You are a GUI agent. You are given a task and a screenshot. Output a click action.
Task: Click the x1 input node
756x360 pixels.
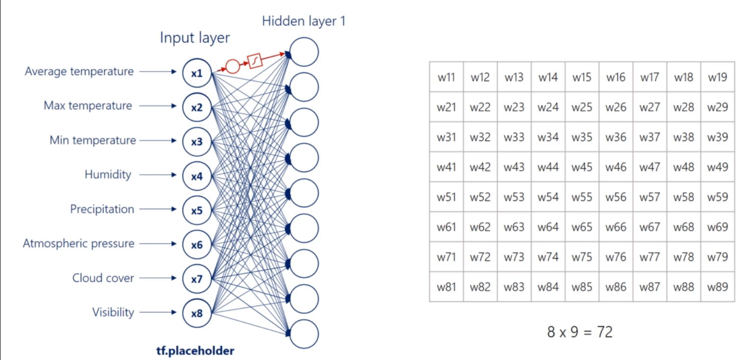(197, 73)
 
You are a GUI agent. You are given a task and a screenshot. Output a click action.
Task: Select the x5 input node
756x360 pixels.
(197, 211)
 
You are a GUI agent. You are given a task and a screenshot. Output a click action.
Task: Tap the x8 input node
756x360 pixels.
(197, 313)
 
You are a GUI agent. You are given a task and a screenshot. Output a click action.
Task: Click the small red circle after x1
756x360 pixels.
(232, 66)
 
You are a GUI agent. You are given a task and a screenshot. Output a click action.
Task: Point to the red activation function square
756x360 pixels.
(256, 61)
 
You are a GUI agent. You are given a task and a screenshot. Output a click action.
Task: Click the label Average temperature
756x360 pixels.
(79, 72)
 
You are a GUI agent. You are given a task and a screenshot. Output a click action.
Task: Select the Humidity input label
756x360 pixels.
(108, 175)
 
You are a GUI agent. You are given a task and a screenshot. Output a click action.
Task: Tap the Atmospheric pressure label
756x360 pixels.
(78, 243)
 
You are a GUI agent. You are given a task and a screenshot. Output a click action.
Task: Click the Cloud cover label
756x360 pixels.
(103, 278)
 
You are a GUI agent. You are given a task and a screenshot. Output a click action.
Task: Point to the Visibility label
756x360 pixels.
(113, 312)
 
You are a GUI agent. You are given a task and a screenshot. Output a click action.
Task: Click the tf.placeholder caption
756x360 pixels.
(195, 351)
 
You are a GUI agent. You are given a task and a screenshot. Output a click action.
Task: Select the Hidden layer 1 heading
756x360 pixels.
(304, 22)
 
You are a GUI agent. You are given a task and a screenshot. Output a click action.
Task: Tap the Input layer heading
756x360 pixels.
(195, 38)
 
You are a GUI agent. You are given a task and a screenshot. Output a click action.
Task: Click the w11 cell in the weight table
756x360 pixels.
(446, 77)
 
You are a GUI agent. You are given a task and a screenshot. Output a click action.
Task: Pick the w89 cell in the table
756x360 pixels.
(717, 287)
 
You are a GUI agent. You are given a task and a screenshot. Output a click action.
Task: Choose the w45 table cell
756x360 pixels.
(582, 167)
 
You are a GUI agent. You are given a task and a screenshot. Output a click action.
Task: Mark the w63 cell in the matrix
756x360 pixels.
(514, 227)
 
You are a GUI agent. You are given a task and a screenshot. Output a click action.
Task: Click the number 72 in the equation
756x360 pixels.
(605, 333)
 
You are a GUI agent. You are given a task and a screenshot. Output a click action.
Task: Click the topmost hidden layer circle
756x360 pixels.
(304, 52)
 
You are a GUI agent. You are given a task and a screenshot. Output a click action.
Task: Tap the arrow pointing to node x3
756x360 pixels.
(157, 141)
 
